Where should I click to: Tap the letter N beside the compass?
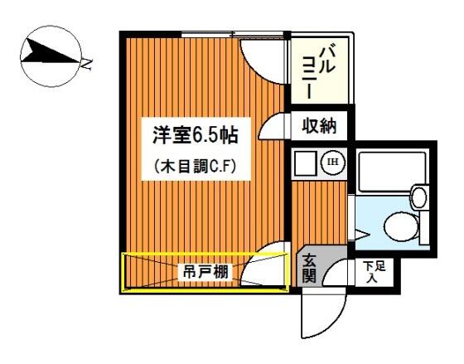(87, 64)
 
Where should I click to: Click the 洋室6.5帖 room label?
(196, 135)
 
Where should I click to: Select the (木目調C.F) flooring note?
(196, 167)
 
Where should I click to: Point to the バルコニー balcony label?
(318, 71)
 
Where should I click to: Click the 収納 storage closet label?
(319, 126)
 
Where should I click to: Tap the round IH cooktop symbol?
(333, 162)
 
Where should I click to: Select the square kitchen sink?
(306, 163)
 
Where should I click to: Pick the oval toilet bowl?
(401, 226)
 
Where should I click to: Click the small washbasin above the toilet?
(419, 197)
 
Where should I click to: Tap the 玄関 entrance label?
(309, 268)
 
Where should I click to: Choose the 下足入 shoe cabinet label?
(374, 272)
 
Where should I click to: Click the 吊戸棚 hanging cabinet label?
(205, 272)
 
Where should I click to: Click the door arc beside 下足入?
(329, 267)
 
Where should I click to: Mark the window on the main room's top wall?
(232, 34)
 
